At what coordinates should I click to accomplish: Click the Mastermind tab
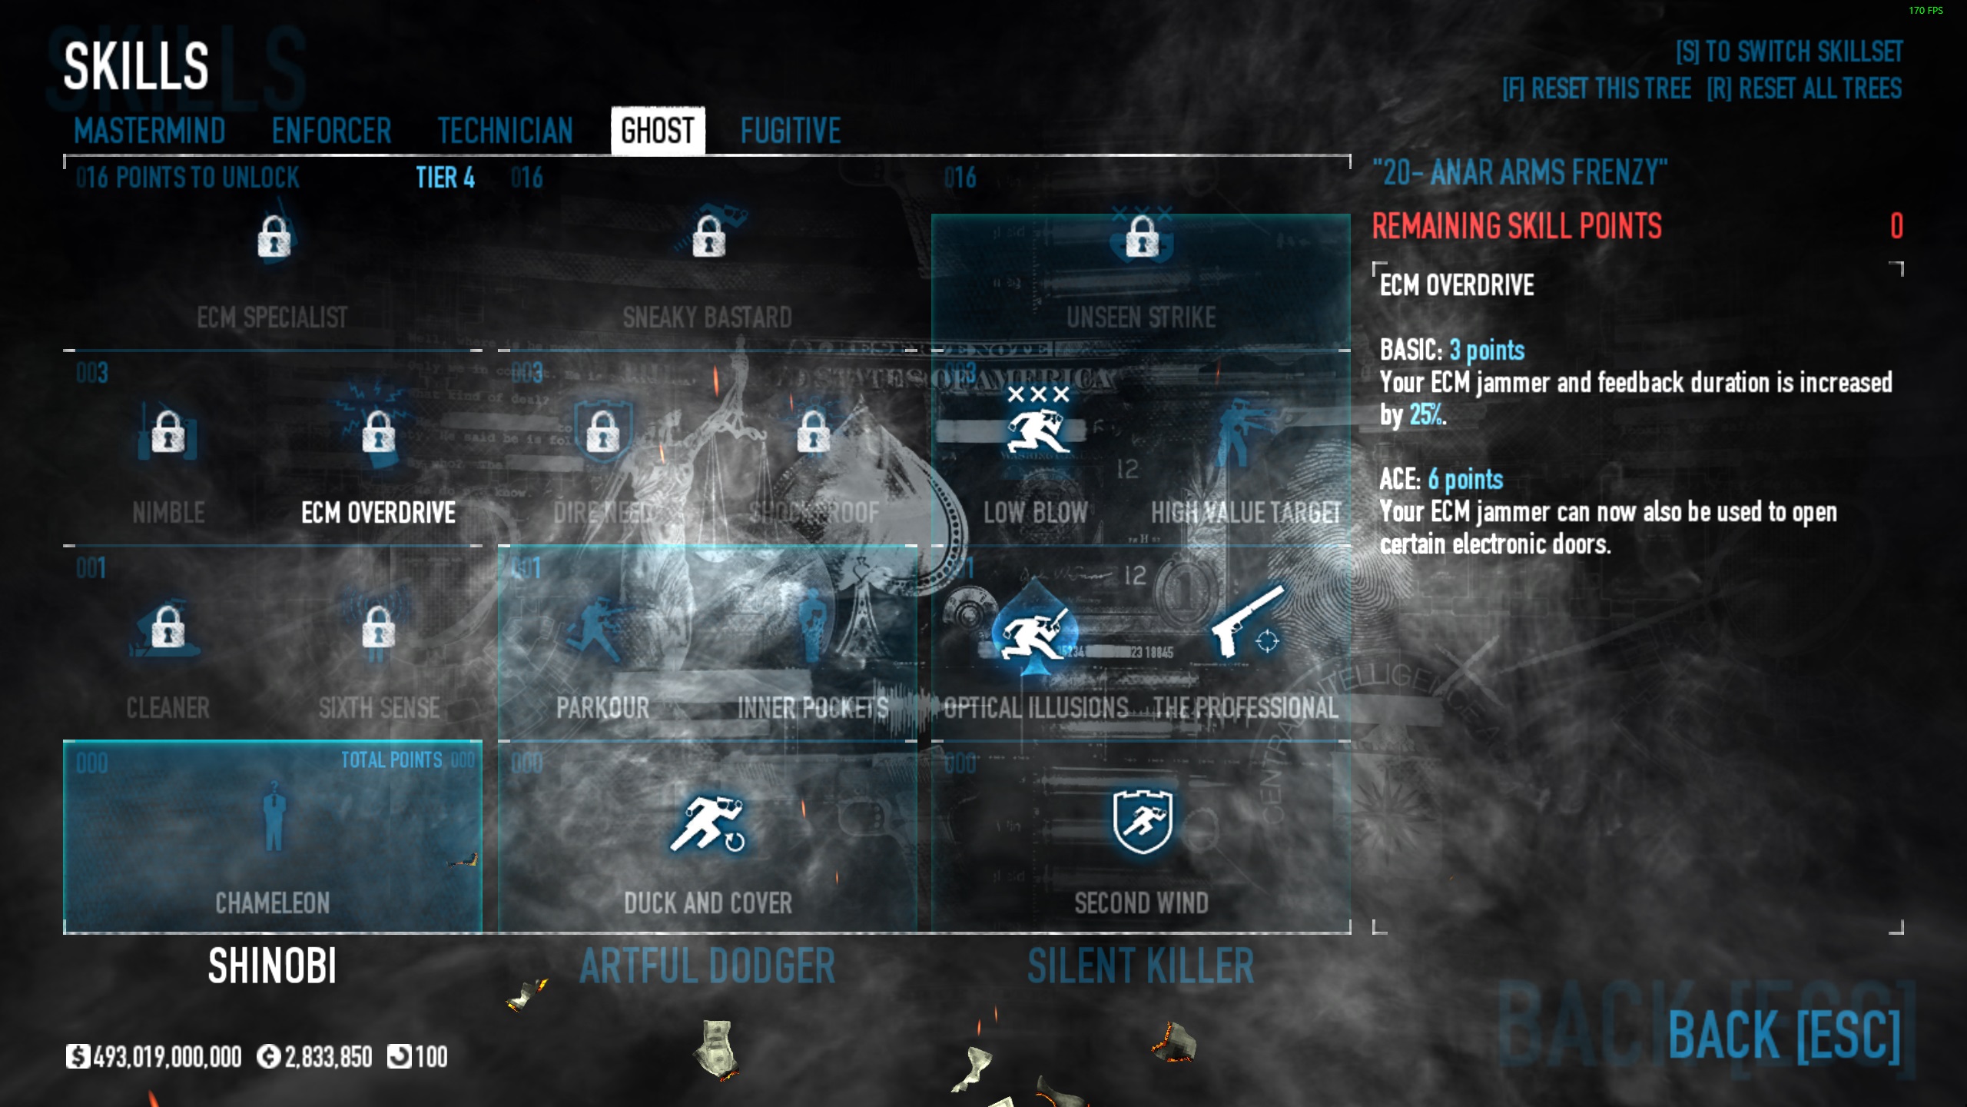click(150, 131)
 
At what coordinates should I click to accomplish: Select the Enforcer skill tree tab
click(331, 131)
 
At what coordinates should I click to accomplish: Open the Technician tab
click(505, 131)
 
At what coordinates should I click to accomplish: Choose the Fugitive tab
click(790, 131)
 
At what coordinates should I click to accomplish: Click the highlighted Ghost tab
click(658, 131)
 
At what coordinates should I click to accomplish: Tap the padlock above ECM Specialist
click(274, 236)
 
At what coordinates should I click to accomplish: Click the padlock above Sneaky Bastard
click(708, 236)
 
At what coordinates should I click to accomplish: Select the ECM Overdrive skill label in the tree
click(378, 513)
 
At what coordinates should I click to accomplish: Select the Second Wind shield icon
click(1142, 822)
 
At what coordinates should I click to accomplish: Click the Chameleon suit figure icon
click(273, 816)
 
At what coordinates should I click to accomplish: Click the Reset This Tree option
click(1597, 89)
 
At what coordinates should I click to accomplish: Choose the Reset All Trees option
click(1804, 89)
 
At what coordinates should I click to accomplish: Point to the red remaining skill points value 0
click(1896, 226)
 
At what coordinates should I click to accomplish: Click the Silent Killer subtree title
click(1140, 966)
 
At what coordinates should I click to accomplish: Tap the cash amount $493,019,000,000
click(167, 1057)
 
